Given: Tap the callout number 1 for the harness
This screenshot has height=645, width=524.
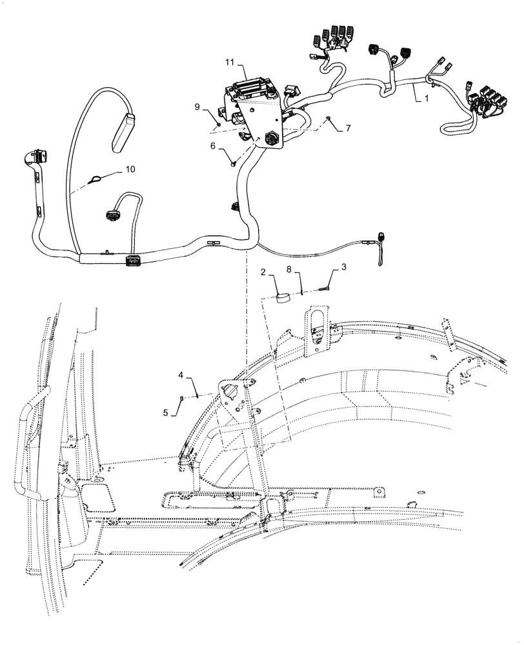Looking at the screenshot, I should [x=425, y=99].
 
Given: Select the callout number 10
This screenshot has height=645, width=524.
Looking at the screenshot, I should [x=130, y=169].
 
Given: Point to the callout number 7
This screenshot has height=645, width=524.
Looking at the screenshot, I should [x=348, y=128].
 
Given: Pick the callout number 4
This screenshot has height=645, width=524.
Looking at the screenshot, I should [x=181, y=374].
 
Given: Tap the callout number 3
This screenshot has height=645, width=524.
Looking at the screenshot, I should [x=344, y=266].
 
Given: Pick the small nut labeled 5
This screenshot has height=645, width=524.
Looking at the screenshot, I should [x=183, y=398].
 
